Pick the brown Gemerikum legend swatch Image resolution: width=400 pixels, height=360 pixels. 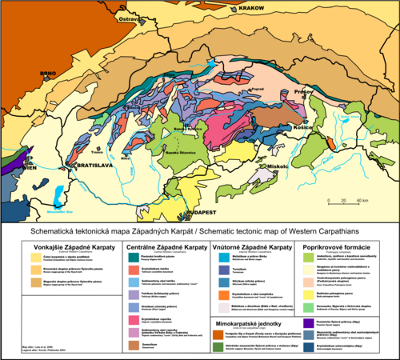tap(133, 344)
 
